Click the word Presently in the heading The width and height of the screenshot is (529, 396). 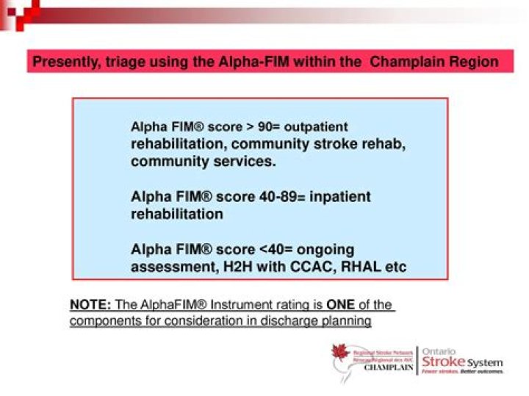click(62, 62)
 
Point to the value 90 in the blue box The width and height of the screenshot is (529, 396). click(266, 127)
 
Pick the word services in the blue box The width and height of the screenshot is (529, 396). click(245, 161)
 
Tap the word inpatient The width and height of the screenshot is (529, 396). click(338, 197)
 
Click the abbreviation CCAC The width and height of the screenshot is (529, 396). click(300, 267)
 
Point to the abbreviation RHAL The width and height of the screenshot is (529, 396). click(356, 267)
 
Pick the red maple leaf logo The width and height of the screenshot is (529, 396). click(340, 356)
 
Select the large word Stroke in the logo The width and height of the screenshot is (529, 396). click(443, 363)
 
